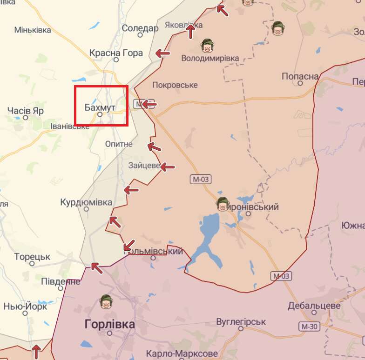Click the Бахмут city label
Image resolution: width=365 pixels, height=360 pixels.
click(x=100, y=107)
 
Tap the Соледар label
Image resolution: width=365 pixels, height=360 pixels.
click(x=140, y=28)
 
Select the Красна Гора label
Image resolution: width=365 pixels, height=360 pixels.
click(x=116, y=53)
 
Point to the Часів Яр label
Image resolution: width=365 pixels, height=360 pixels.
click(x=26, y=111)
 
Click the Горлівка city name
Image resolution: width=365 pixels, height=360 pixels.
click(x=110, y=324)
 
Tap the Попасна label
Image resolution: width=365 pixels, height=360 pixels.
click(x=300, y=76)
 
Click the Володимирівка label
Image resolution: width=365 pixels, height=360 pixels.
click(x=210, y=59)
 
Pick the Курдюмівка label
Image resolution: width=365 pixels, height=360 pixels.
click(x=86, y=203)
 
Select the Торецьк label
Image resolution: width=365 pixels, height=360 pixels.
click(x=32, y=257)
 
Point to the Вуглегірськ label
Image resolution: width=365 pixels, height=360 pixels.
click(x=241, y=322)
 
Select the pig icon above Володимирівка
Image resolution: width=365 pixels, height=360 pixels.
click(x=207, y=46)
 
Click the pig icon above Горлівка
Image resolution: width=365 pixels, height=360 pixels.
click(x=107, y=302)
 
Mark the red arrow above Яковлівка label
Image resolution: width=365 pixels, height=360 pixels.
click(x=190, y=32)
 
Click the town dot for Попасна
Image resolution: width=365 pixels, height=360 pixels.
click(x=300, y=84)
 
